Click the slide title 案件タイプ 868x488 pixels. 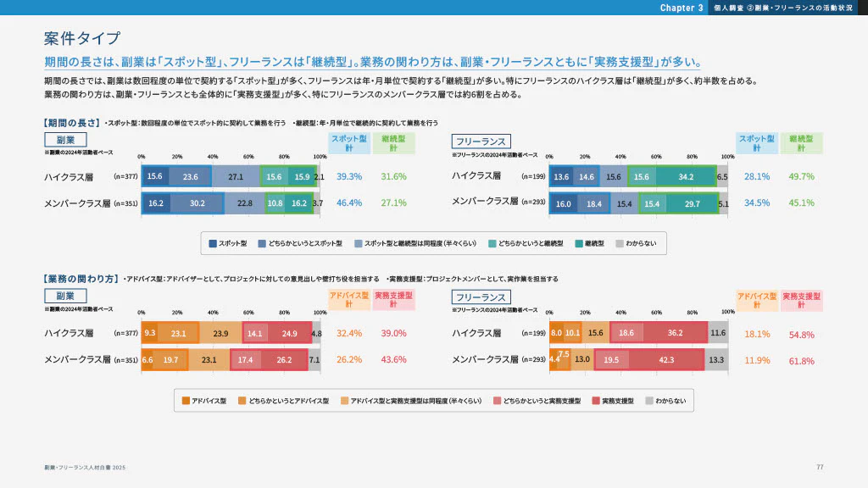[82, 39]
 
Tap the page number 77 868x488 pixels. [820, 467]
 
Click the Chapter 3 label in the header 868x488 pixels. [682, 8]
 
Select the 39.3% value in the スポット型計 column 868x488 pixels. [349, 177]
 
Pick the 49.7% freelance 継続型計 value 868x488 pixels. [801, 177]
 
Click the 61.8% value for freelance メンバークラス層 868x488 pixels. [801, 361]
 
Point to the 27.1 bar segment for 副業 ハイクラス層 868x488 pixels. [236, 177]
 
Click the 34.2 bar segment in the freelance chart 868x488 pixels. [687, 177]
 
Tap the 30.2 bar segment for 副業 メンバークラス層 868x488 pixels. [197, 203]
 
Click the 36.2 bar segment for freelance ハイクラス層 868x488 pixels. [675, 334]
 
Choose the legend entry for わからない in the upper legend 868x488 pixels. [634, 243]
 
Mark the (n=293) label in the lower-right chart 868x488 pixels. [533, 360]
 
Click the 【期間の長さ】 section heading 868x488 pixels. [71, 123]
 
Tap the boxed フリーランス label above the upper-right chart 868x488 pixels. [481, 141]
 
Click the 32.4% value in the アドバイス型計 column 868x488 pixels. [349, 334]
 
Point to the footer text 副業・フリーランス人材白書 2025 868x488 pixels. [85, 468]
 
